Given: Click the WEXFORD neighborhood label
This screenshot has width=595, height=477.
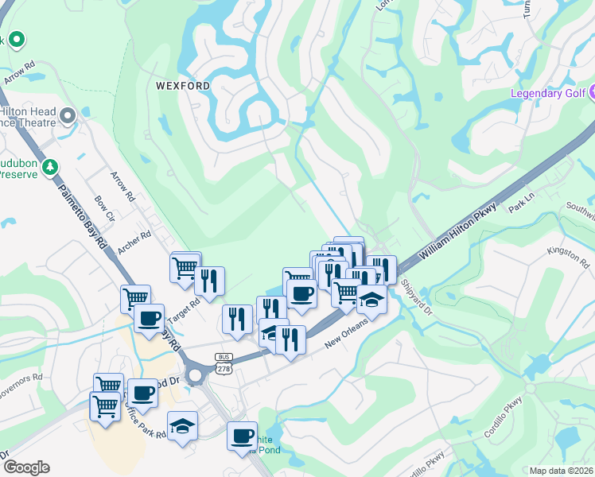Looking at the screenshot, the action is click(x=183, y=86).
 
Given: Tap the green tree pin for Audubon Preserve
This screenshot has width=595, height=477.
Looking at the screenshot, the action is click(x=52, y=166).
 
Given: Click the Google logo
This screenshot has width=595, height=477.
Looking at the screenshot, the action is click(x=27, y=467).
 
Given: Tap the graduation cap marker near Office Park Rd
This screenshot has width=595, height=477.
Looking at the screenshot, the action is click(x=182, y=426).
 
